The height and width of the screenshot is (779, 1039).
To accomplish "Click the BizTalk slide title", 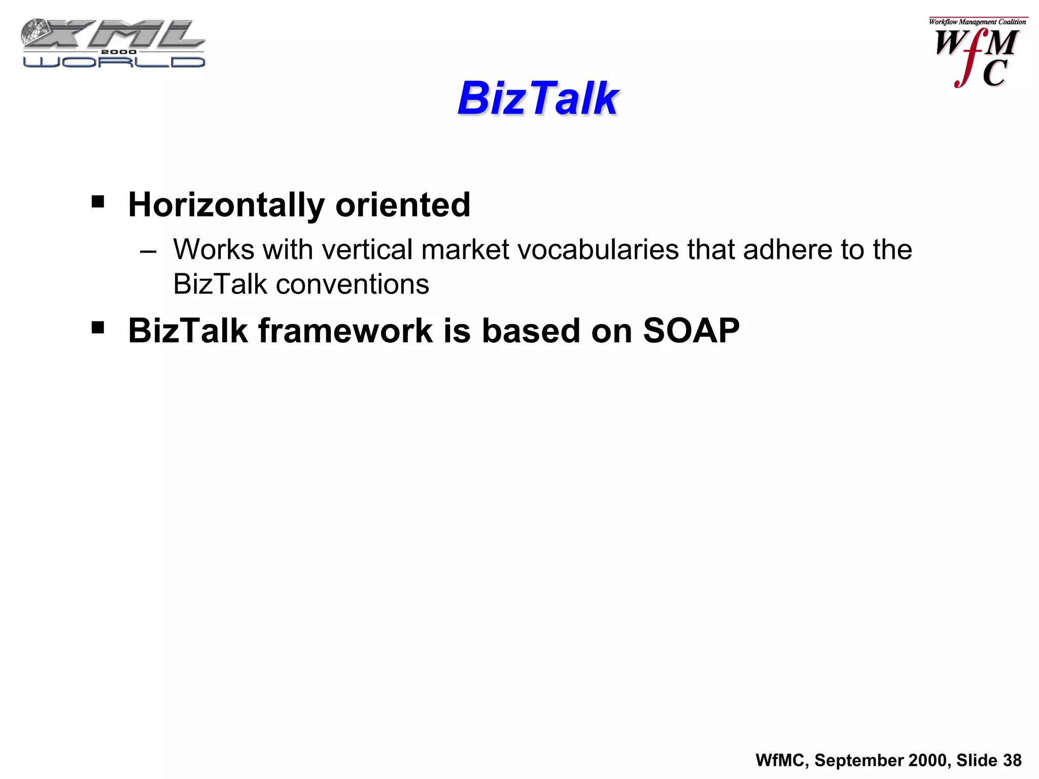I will (538, 98).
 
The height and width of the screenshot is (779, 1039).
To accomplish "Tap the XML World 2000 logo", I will (114, 44).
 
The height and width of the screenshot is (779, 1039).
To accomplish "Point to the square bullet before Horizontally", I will (98, 202).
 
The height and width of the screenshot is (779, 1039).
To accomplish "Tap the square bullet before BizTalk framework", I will (98, 328).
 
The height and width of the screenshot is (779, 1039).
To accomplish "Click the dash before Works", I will (148, 251).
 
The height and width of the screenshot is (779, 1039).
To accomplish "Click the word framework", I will (345, 331).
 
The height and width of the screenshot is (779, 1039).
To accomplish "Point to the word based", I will (530, 331).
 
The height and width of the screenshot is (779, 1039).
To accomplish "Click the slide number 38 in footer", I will (1012, 760).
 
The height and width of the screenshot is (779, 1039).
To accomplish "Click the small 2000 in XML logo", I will (119, 52).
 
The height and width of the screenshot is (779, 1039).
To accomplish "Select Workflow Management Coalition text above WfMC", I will (977, 22).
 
